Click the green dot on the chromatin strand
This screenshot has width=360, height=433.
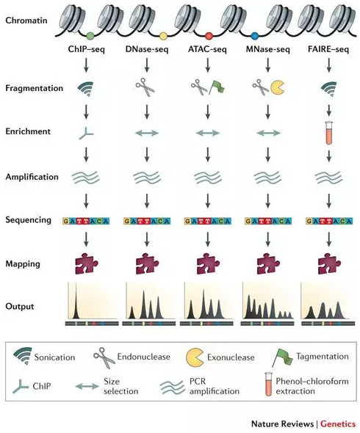coord(90,35)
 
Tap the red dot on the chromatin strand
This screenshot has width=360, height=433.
coord(209,36)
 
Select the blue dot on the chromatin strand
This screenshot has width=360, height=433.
coord(254,36)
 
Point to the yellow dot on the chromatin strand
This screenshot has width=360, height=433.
coord(163,36)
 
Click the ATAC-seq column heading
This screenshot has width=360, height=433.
coord(207,50)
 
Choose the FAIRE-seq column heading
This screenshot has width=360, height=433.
coord(328,50)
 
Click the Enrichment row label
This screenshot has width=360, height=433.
coord(28,131)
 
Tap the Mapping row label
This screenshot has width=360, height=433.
coord(23,264)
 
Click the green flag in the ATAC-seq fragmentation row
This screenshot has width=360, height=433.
coord(217,87)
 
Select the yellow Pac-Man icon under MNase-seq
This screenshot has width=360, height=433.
coord(277,87)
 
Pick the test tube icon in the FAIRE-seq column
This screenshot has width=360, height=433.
coord(329,133)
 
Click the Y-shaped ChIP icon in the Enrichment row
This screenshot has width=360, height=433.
coord(86,134)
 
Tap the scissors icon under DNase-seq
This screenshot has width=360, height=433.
coord(145,87)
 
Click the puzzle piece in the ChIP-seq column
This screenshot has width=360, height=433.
coord(86,263)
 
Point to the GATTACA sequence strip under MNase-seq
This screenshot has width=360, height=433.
coord(268,221)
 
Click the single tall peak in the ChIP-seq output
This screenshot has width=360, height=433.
coord(76,301)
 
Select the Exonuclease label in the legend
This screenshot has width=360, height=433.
coord(231,357)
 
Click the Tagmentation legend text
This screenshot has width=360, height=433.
coord(323,357)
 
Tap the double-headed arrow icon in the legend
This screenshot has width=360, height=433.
coord(87,386)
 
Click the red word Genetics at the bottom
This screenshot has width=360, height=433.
coord(338,424)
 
